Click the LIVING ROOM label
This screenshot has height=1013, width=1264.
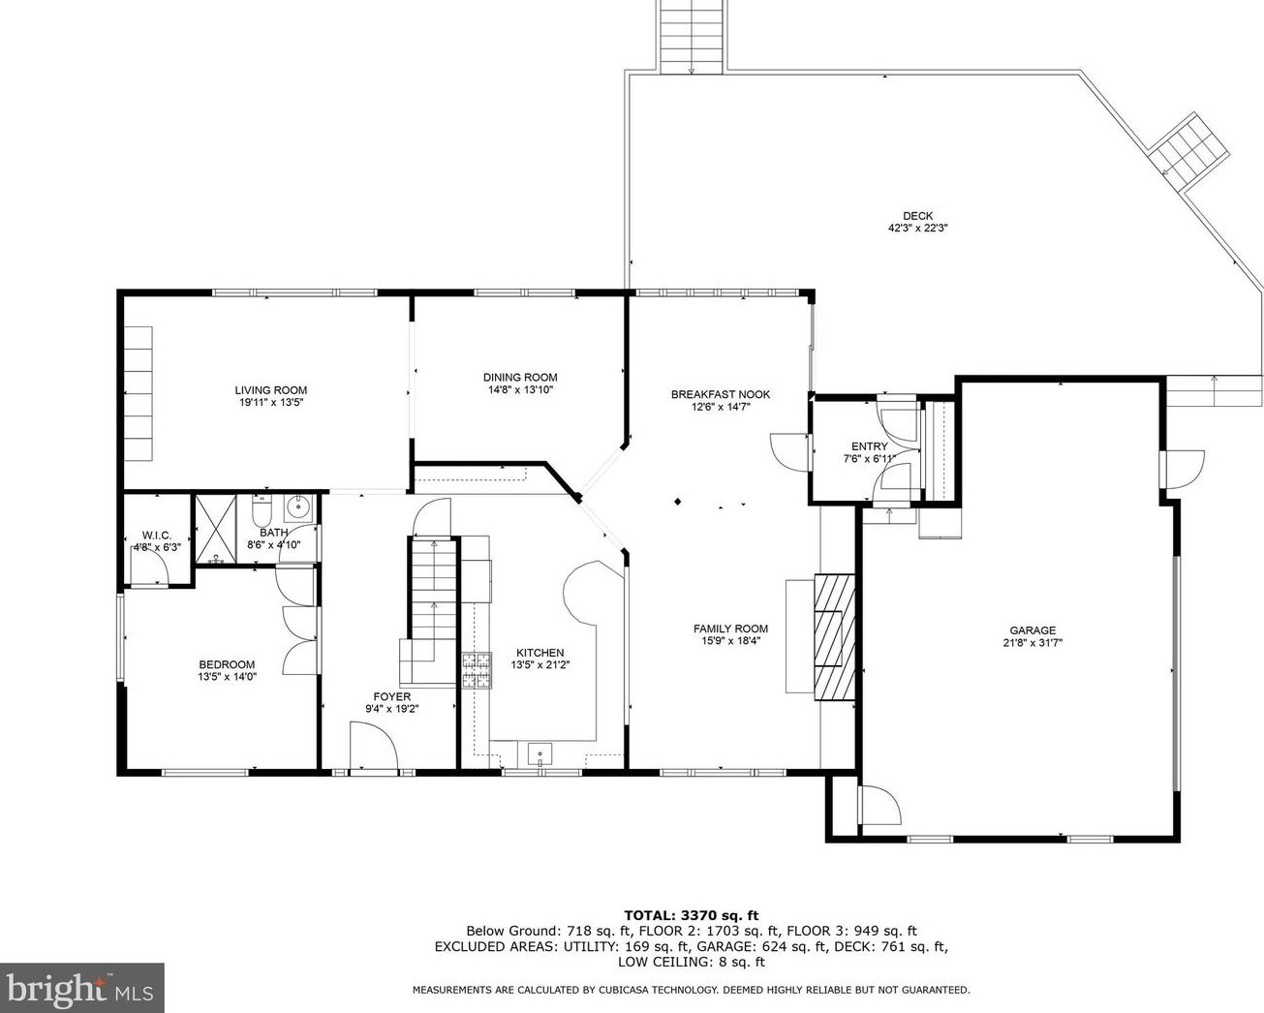(271, 390)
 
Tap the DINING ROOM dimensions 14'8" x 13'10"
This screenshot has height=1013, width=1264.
(520, 389)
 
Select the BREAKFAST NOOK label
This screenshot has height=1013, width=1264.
(721, 394)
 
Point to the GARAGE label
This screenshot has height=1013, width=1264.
(1033, 630)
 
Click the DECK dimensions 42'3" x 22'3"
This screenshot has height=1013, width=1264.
(918, 228)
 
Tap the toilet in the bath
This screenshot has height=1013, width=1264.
(262, 511)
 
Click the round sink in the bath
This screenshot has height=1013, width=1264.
(299, 508)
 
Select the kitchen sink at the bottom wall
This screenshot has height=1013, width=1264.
(540, 753)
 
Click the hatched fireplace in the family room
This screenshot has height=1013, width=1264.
(834, 636)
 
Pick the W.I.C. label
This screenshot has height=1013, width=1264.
(157, 535)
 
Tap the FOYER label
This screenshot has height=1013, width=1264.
(391, 696)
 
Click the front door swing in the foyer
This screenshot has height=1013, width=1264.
(374, 744)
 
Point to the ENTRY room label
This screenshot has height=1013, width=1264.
(869, 446)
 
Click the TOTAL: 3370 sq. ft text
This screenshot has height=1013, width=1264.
(692, 915)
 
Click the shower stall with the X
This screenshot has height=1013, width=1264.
(215, 529)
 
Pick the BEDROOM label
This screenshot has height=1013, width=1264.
(227, 664)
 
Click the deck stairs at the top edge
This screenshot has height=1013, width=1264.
(691, 37)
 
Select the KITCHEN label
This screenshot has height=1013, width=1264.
(540, 653)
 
